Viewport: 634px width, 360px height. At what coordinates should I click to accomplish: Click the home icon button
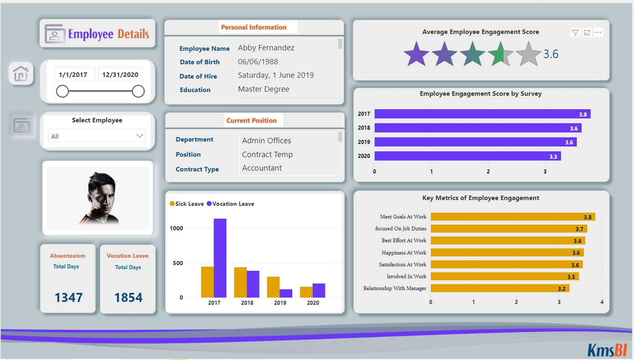[21, 73]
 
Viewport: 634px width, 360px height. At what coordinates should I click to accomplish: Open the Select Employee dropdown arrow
[140, 136]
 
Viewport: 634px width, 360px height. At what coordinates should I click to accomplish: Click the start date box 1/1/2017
[73, 75]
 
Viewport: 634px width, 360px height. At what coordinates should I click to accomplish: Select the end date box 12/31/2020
[120, 75]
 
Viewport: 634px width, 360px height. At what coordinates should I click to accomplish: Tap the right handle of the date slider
[138, 91]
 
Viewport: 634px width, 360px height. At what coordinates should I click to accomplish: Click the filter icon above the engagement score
[575, 32]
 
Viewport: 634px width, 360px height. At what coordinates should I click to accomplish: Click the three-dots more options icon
[598, 32]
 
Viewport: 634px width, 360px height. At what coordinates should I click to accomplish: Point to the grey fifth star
[528, 54]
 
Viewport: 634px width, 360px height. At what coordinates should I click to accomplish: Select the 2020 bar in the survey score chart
[467, 156]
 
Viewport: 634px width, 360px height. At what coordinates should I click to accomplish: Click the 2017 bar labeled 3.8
[482, 114]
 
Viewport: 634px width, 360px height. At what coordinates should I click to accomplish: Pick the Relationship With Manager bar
[500, 288]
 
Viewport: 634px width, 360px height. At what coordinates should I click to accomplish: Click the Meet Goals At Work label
[403, 217]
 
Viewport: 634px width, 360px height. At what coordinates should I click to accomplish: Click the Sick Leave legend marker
[172, 204]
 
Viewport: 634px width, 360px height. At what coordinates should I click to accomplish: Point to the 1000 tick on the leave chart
[176, 228]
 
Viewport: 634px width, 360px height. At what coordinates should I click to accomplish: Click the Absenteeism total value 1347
[68, 297]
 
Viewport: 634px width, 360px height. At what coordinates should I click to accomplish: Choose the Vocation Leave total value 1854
[128, 297]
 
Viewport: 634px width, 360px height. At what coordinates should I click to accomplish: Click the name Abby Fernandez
[266, 48]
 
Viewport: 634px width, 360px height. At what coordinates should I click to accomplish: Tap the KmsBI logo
[607, 350]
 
